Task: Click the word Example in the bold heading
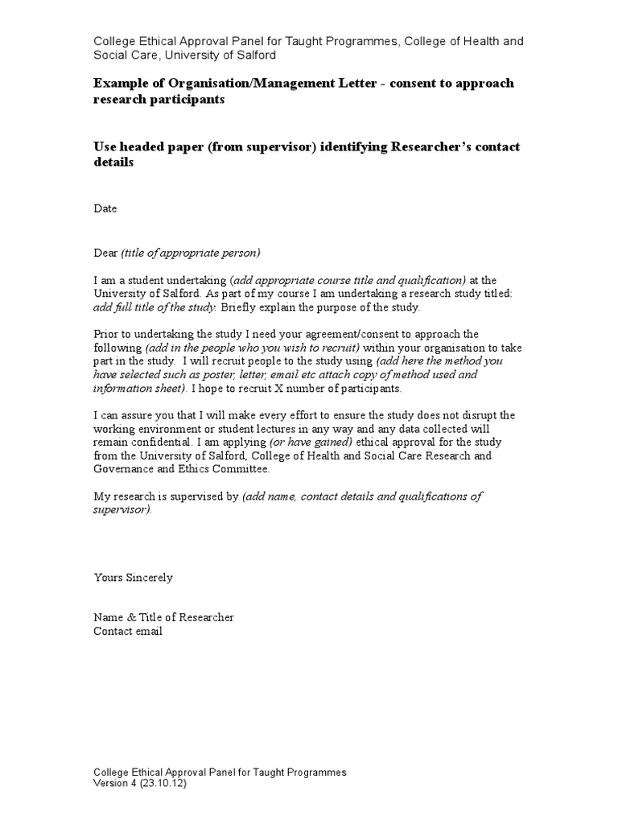click(x=120, y=84)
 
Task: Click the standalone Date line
click(x=105, y=208)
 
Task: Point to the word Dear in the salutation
click(x=105, y=253)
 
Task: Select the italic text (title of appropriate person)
click(x=191, y=253)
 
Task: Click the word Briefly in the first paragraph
click(x=239, y=307)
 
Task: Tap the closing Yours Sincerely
click(x=133, y=578)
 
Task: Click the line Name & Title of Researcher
click(x=164, y=617)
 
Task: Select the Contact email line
click(x=128, y=631)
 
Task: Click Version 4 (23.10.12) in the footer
click(x=140, y=784)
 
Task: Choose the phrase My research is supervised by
click(x=167, y=496)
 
